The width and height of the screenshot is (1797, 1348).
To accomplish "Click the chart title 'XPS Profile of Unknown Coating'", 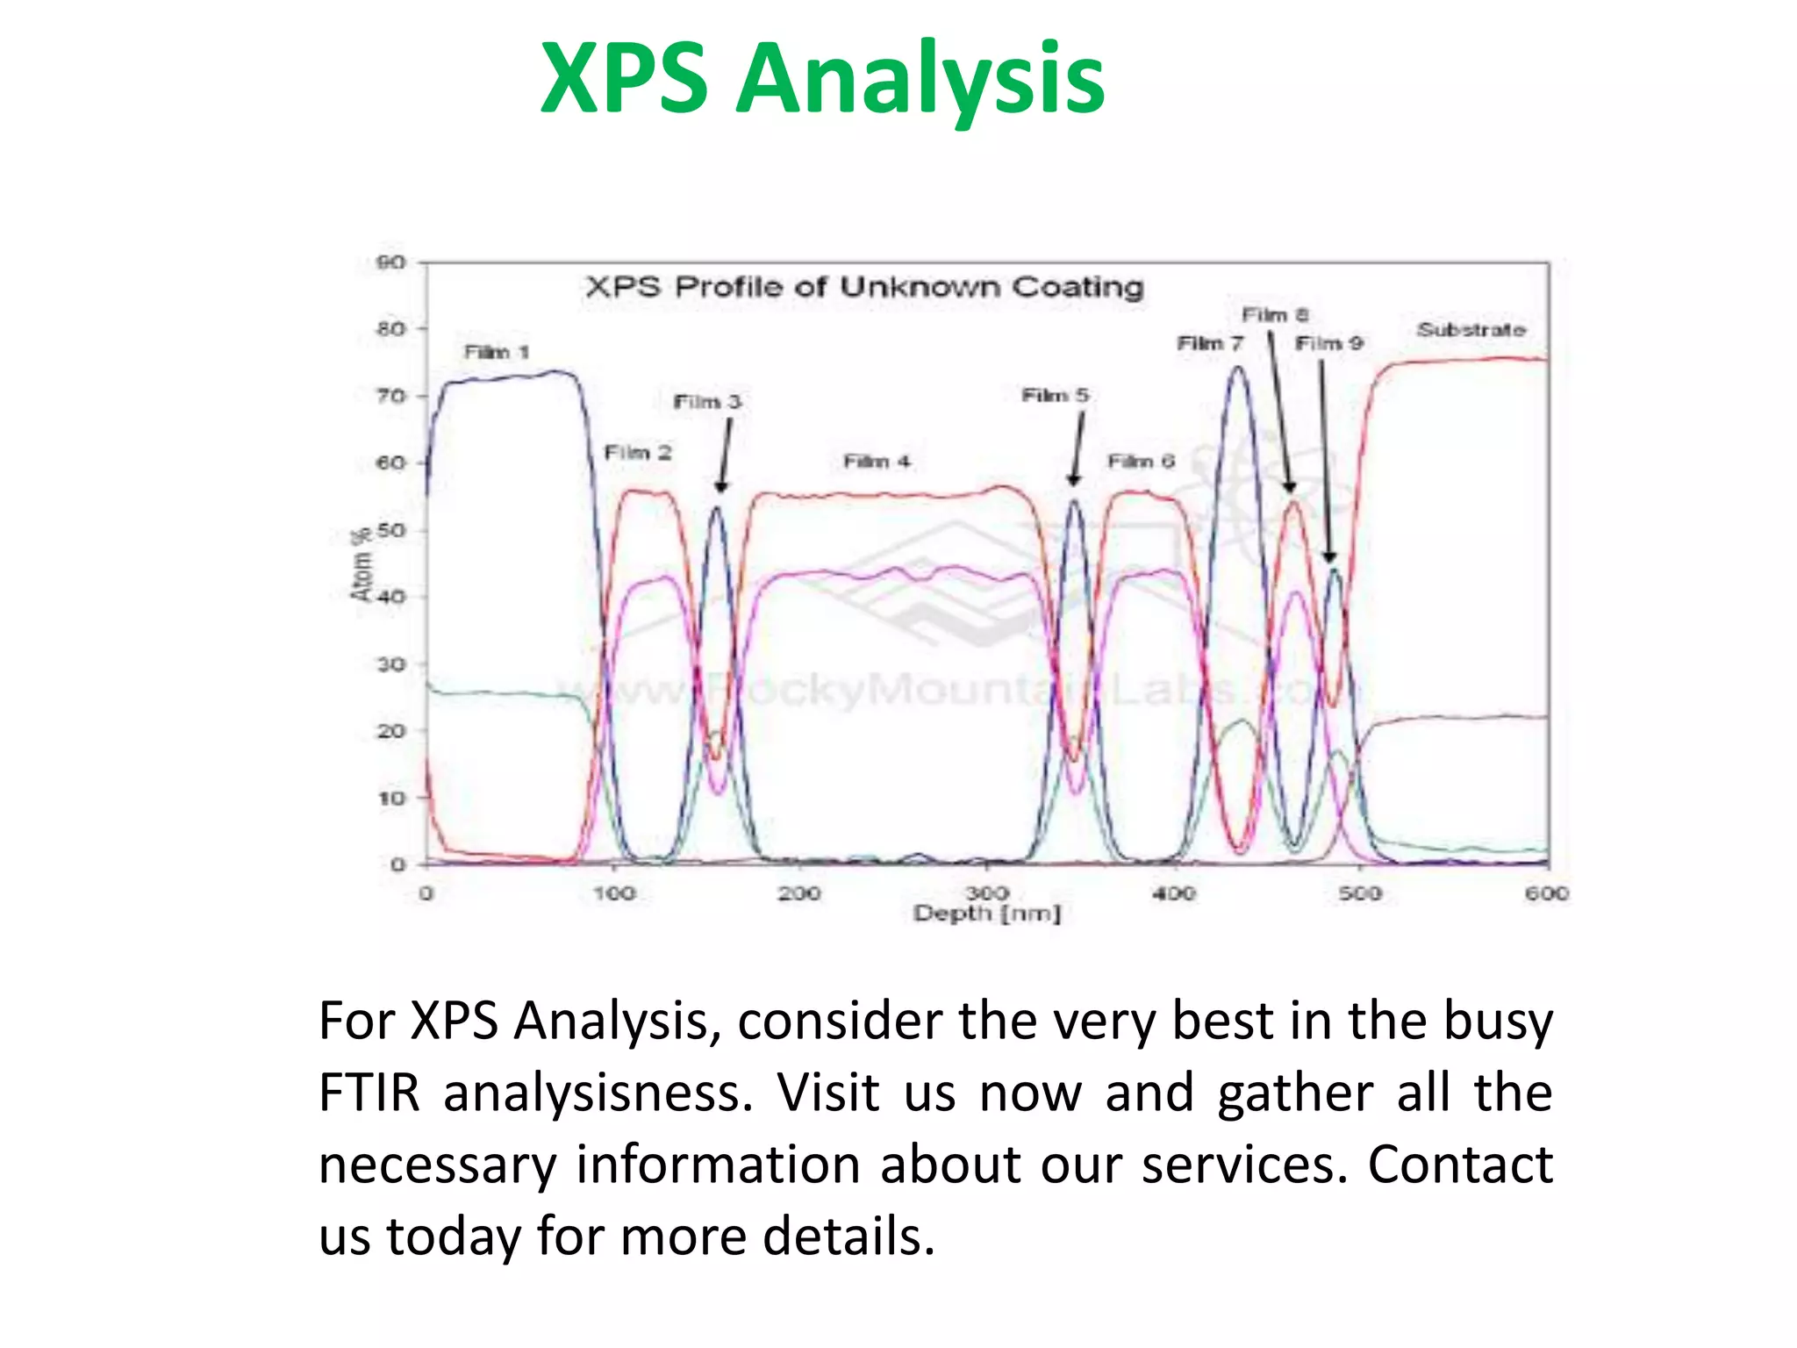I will [864, 287].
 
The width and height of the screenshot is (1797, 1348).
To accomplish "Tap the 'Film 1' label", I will [497, 352].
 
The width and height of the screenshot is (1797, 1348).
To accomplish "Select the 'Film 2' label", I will [638, 453].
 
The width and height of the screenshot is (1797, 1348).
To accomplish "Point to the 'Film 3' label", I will [707, 402].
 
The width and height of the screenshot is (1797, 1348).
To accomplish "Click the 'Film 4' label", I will [877, 462].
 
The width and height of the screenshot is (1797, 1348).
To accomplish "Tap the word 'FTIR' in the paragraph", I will [369, 1093].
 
